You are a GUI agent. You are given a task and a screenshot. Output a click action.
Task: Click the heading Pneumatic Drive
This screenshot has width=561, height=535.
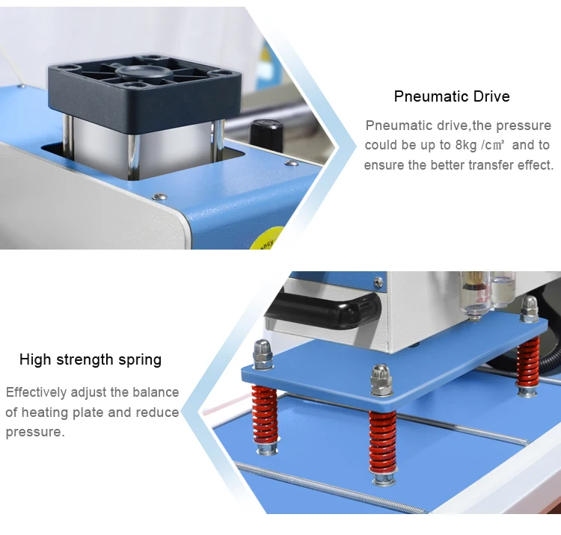(452, 96)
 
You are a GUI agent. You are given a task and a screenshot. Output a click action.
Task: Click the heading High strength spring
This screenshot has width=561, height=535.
(91, 359)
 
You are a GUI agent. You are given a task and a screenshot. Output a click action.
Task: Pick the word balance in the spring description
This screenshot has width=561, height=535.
(155, 392)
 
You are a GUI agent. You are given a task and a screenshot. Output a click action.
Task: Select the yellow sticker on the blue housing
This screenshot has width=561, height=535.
(266, 241)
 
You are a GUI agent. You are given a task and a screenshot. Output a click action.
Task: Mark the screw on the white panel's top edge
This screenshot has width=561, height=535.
(159, 197)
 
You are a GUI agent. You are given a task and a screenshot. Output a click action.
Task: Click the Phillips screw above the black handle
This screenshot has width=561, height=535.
(378, 282)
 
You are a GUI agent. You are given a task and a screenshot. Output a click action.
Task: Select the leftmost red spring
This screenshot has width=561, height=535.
(266, 415)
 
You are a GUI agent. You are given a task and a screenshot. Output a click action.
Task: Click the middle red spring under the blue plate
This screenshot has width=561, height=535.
(382, 441)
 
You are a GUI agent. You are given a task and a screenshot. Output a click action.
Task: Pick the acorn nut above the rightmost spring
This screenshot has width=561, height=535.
(530, 306)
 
